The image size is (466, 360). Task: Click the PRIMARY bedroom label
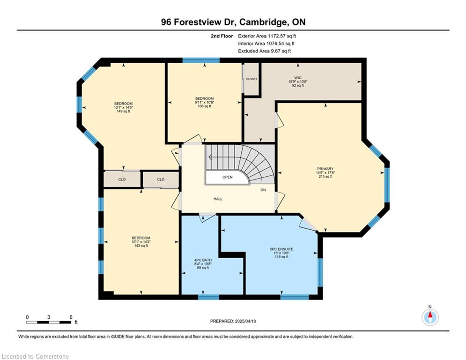(325, 169)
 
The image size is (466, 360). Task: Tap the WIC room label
(298, 78)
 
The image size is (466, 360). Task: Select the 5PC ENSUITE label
(281, 249)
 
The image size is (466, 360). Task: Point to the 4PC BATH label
(203, 260)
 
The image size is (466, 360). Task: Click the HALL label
(218, 199)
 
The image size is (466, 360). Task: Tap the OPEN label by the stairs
(227, 177)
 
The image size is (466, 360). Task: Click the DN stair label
(263, 190)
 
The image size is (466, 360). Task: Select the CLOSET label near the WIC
(251, 79)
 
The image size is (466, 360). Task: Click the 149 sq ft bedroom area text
(123, 111)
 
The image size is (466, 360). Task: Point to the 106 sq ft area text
(205, 106)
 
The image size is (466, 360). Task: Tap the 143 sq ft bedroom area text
(141, 246)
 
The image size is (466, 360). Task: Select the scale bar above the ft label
(49, 322)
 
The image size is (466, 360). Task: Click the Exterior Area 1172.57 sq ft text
(267, 36)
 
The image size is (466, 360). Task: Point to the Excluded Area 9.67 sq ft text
(265, 51)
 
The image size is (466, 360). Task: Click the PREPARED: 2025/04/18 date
(233, 321)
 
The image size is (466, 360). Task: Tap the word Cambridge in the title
(263, 22)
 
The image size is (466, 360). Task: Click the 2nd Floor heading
(222, 36)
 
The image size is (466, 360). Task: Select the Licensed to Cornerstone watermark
(35, 356)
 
